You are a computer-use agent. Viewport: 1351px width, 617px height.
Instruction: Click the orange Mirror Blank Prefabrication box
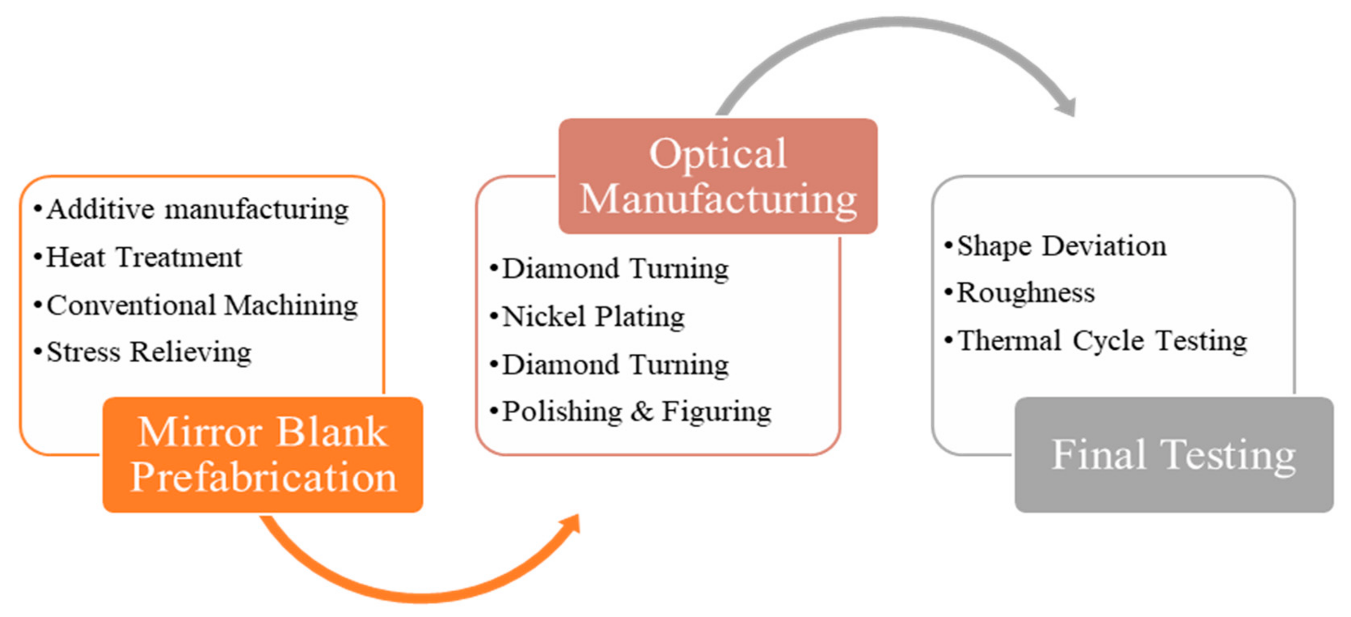click(x=262, y=454)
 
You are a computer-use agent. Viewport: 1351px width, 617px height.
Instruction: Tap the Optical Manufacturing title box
click(x=718, y=176)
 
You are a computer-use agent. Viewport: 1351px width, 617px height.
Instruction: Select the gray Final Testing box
click(x=1174, y=454)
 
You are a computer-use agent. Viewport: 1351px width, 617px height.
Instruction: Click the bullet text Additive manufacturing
click(x=197, y=210)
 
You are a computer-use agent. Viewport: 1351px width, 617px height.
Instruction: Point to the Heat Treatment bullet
click(x=144, y=257)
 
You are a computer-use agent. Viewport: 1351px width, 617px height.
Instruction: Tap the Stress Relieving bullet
click(x=149, y=352)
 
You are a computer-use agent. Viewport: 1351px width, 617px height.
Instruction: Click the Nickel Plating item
click(x=593, y=317)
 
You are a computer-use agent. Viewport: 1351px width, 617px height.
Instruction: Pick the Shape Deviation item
click(x=1062, y=246)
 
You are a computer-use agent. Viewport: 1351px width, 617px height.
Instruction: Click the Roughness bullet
click(x=1025, y=293)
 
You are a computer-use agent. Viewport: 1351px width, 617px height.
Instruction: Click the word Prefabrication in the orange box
click(x=263, y=477)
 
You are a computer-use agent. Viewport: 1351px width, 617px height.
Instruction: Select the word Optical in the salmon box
click(x=718, y=154)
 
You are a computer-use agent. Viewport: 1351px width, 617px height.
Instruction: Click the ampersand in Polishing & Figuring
click(x=642, y=411)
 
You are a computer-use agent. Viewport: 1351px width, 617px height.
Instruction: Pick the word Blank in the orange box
click(x=331, y=432)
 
